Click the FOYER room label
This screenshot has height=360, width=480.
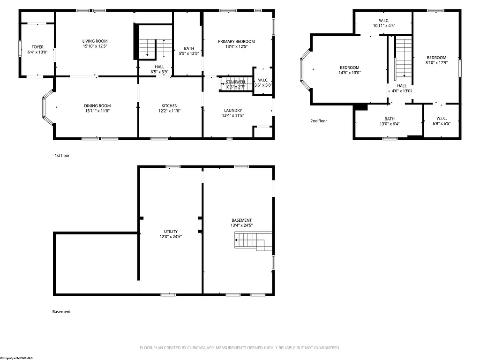(37, 47)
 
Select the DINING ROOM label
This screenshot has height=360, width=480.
(97, 105)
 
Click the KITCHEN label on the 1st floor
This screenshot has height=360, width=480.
(169, 105)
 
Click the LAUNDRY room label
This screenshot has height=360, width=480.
(233, 110)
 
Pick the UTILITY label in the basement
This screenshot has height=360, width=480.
(171, 232)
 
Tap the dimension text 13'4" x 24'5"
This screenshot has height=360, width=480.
(241, 225)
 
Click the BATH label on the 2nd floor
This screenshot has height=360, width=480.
(390, 119)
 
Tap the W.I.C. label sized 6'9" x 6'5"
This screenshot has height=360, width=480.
(441, 119)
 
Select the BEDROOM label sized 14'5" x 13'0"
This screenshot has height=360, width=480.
(349, 67)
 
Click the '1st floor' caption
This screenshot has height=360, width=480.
(62, 156)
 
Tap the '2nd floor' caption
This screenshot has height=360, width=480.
(319, 121)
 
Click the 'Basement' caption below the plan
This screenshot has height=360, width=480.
(61, 312)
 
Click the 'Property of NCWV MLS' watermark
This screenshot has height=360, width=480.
(16, 358)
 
